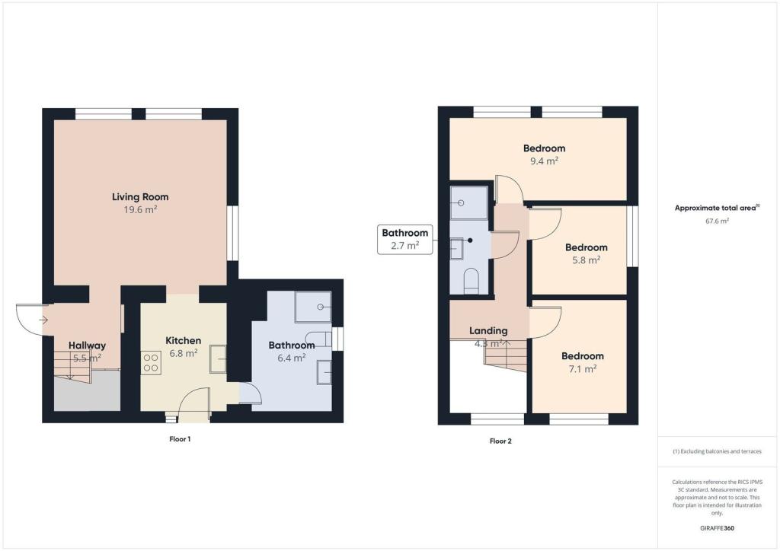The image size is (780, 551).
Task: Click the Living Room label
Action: click(x=140, y=197)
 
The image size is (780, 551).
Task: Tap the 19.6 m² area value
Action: click(x=140, y=209)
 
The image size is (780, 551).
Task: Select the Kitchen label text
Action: click(x=183, y=340)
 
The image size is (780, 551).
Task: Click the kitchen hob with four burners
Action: click(x=152, y=363)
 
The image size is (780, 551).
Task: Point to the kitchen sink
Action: click(x=218, y=358)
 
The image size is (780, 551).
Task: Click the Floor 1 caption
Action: click(x=180, y=439)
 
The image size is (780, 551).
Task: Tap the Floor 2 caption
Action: click(x=500, y=441)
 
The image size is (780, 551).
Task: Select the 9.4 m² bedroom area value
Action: click(x=544, y=161)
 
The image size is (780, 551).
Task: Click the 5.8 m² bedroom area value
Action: click(x=587, y=260)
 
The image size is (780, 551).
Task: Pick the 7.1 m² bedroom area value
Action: click(x=583, y=368)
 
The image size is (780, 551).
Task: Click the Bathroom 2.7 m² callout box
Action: click(x=405, y=239)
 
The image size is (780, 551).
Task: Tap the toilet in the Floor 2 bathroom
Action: click(x=471, y=281)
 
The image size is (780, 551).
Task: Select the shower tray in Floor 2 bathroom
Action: click(x=469, y=202)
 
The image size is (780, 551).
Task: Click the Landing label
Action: click(x=488, y=330)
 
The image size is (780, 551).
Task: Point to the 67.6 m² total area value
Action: click(x=717, y=221)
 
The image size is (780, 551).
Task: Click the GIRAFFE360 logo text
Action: click(x=717, y=528)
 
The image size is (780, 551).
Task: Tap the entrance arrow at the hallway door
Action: click(x=43, y=320)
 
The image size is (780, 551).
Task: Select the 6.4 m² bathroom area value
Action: click(x=292, y=358)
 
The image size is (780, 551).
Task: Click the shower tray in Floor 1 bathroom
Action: click(x=313, y=307)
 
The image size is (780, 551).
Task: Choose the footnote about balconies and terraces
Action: click(x=717, y=451)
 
